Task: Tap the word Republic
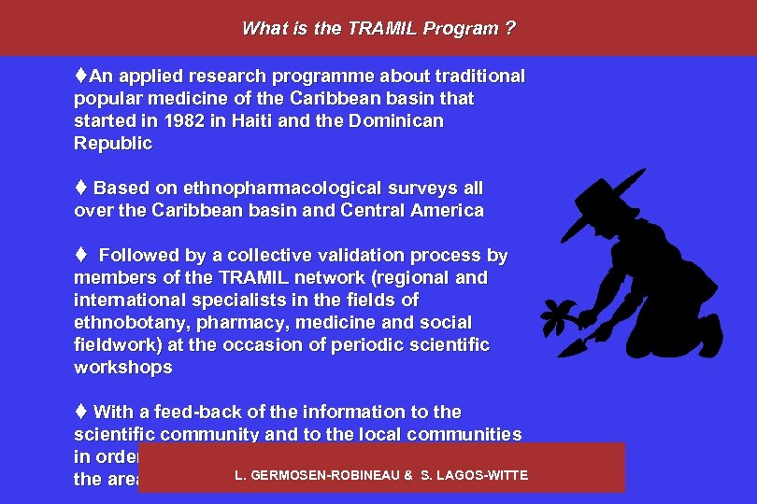pos(112,144)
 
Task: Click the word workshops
pos(122,368)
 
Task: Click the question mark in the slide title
pos(509,28)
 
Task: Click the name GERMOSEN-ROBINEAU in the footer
pos(319,476)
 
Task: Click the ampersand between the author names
pos(408,476)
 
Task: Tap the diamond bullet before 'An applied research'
pos(81,76)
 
